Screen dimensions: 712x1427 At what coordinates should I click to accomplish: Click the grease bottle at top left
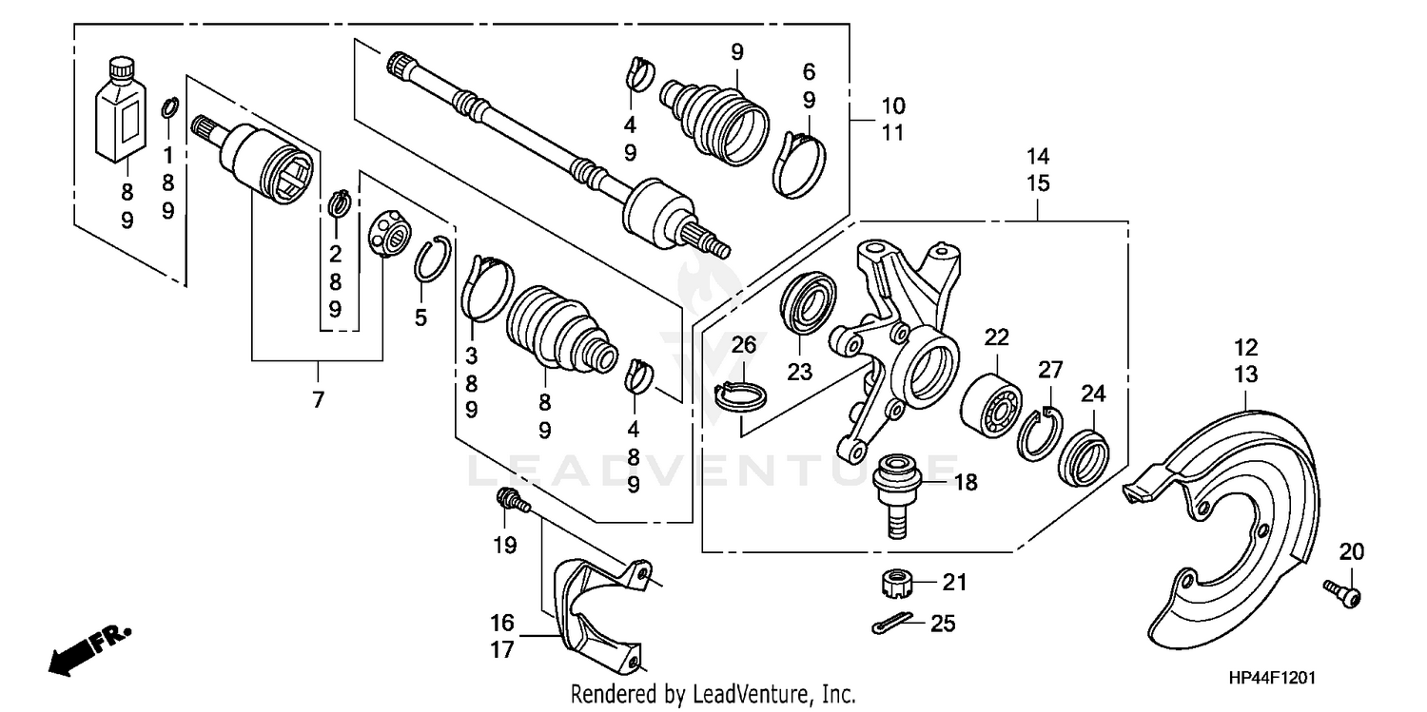coord(122,112)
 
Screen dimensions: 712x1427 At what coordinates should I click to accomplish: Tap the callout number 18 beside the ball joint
coord(965,483)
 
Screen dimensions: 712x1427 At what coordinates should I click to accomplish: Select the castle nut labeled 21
coord(894,581)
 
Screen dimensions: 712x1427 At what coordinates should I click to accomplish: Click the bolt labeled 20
coord(1341,592)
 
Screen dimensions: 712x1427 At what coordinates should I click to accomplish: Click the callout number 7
coord(318,400)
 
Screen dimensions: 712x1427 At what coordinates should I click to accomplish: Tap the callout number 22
coord(995,337)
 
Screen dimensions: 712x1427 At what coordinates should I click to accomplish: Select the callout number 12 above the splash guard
coord(1246,347)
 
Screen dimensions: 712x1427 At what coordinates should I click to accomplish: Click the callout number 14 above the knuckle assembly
coord(1038,155)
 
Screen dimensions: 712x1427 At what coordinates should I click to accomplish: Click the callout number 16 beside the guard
coord(502,624)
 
